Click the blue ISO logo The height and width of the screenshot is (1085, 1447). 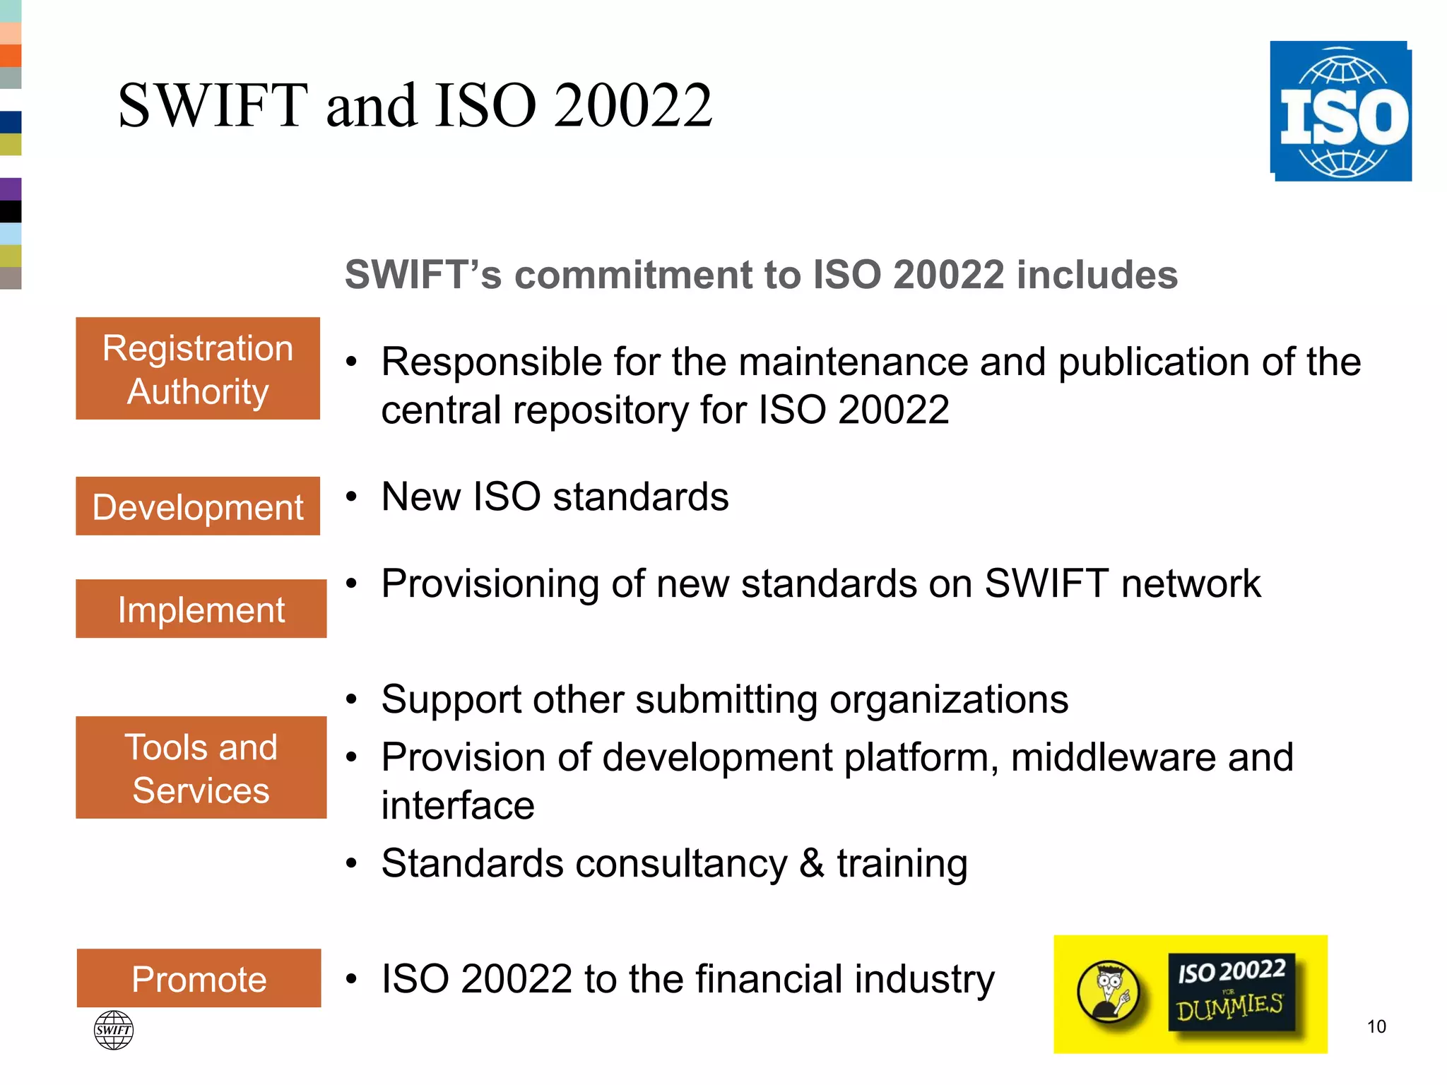[1340, 112]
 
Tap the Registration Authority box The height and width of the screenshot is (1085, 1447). [198, 369]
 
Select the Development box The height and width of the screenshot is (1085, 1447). [198, 506]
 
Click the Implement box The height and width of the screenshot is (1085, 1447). [201, 609]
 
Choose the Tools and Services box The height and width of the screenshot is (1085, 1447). [201, 768]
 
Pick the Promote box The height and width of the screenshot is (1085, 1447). [199, 978]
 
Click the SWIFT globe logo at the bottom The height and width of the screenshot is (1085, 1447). [113, 1030]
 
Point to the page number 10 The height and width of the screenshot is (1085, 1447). [1376, 1026]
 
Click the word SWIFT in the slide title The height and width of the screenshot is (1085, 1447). [213, 106]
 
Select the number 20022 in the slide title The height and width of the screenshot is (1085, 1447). [633, 106]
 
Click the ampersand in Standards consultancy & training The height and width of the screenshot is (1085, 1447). [812, 863]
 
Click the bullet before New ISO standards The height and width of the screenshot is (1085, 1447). [351, 497]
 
